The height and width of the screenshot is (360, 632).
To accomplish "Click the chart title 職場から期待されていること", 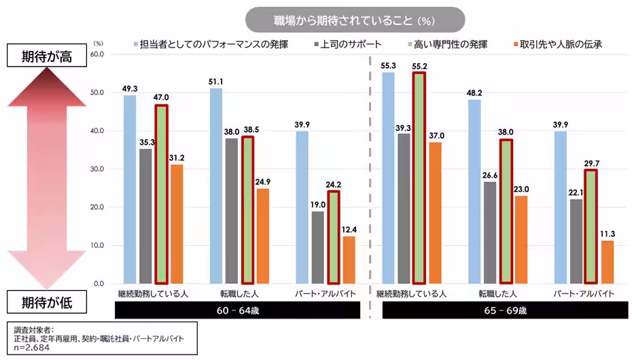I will pos(355,20).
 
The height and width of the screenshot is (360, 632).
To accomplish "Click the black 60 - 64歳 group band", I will pos(237,310).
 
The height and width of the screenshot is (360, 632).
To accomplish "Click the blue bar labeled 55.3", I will pos(388,177).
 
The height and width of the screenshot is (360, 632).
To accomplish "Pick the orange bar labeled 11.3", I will pos(608,262).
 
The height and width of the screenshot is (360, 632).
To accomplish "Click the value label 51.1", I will pos(216,82).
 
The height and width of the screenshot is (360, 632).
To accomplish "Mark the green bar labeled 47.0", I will pos(161,194).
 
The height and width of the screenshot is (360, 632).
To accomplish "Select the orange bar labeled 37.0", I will pos(437,213).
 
